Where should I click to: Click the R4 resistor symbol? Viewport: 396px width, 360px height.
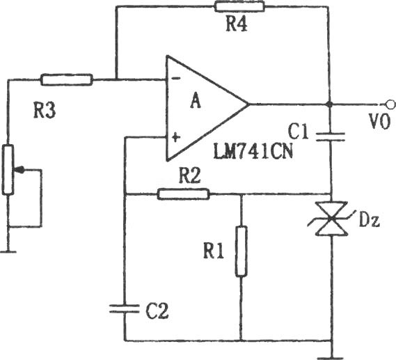[x=239, y=6]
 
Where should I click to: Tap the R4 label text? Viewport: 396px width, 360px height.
[x=237, y=24]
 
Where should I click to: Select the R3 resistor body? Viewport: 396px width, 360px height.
[x=66, y=79]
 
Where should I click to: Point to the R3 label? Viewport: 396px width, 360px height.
[x=45, y=111]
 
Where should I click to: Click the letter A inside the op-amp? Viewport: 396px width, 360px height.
[x=196, y=100]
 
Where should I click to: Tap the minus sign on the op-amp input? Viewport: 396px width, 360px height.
[x=176, y=78]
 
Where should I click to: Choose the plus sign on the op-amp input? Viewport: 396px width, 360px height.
[x=176, y=137]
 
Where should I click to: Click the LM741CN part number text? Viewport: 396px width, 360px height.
[x=253, y=151]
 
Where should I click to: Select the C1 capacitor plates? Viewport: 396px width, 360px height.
[x=331, y=136]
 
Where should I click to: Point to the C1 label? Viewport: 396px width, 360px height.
[x=299, y=132]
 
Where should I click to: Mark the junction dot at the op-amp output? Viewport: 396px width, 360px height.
[x=328, y=104]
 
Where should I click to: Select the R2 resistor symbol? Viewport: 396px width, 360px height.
[x=183, y=194]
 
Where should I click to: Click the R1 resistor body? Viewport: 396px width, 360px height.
[x=241, y=251]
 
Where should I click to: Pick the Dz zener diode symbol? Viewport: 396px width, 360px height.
[x=331, y=219]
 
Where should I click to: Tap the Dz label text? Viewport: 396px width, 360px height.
[x=370, y=221]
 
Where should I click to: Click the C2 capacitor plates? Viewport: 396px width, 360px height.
[x=125, y=308]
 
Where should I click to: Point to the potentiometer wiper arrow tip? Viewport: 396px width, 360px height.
[x=15, y=170]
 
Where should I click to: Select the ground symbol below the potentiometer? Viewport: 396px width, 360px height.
[x=8, y=251]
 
